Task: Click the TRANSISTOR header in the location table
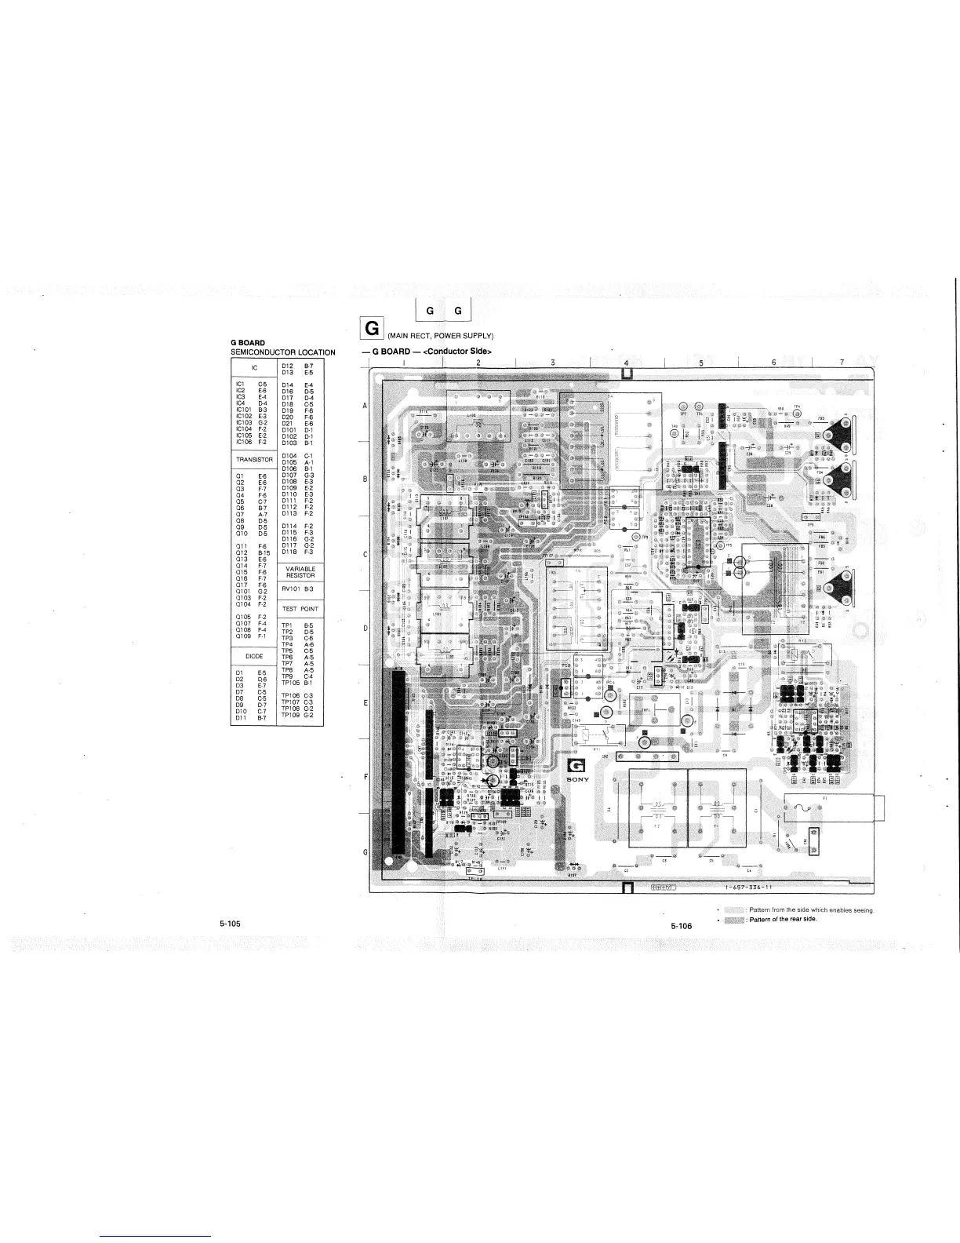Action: pyautogui.click(x=253, y=459)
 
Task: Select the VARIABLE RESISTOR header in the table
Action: pyautogui.click(x=300, y=572)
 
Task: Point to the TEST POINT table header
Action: pyautogui.click(x=300, y=609)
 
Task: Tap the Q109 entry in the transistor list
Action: pyautogui.click(x=242, y=636)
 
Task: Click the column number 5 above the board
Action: pyautogui.click(x=700, y=363)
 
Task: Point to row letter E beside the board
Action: pyautogui.click(x=365, y=703)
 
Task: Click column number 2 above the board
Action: pyautogui.click(x=478, y=363)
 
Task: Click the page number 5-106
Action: pyautogui.click(x=682, y=926)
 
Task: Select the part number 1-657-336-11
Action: pyautogui.click(x=750, y=888)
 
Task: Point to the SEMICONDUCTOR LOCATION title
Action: pyautogui.click(x=282, y=352)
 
